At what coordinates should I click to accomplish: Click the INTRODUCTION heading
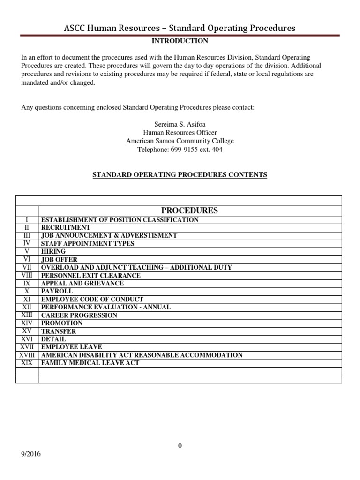(180, 41)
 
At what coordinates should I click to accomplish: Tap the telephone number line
(180, 150)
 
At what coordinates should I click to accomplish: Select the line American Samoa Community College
(180, 141)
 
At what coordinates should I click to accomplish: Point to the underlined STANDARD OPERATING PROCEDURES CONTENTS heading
(180, 175)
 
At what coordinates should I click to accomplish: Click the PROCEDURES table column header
(190, 210)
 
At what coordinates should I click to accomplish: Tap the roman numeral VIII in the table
(27, 275)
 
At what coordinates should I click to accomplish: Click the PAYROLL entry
(57, 291)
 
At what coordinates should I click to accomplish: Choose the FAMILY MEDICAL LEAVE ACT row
(90, 363)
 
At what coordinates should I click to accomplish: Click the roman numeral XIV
(27, 323)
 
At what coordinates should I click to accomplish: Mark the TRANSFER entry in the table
(59, 331)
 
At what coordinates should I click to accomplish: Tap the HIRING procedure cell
(53, 251)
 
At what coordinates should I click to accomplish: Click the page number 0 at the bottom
(180, 446)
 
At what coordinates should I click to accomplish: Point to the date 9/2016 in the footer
(30, 454)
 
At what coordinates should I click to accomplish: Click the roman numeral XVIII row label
(27, 355)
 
